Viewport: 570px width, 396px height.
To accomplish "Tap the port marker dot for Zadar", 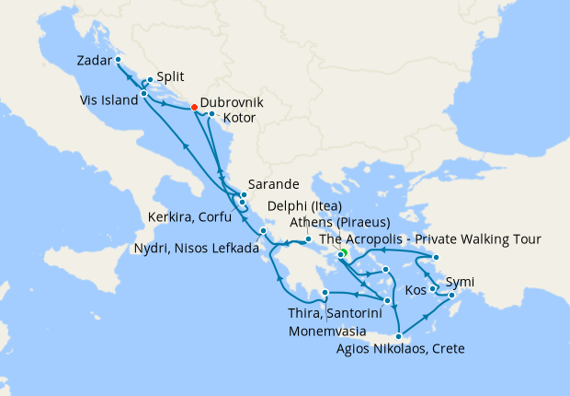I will click(119, 60).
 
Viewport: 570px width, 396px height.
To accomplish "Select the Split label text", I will click(170, 77).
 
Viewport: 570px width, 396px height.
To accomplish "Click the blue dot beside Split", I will click(150, 80).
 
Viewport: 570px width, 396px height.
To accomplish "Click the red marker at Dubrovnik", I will click(194, 108).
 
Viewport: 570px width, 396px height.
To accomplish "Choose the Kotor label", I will click(238, 119).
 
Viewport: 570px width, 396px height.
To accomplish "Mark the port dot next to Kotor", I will click(211, 114).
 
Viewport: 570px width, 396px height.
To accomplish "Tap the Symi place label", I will click(462, 282).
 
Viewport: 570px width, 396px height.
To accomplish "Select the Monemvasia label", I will click(331, 331).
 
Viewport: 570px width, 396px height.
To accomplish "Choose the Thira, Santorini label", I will click(328, 314).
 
